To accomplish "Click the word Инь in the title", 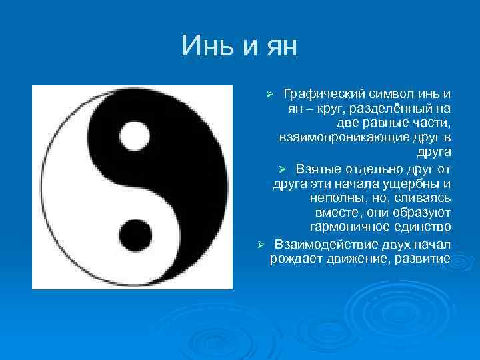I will (205, 46).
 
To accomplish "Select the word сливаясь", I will (424, 199).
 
